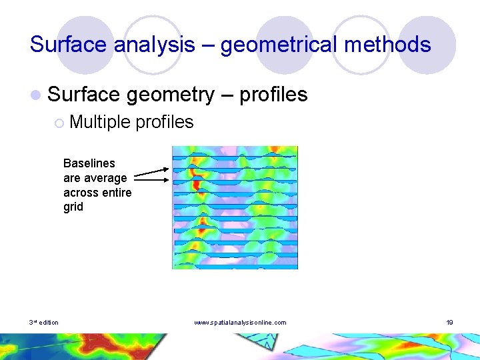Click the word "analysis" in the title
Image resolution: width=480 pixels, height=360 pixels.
click(x=155, y=45)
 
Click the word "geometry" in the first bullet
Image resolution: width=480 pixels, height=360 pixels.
click(x=169, y=95)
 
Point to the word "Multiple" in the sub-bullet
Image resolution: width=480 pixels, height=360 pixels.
click(x=99, y=122)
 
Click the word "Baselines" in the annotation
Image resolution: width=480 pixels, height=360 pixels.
click(x=89, y=163)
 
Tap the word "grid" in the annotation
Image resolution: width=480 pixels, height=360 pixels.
click(x=73, y=207)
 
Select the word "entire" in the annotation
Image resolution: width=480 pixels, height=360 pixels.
click(x=116, y=193)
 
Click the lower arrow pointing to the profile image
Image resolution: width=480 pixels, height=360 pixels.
click(x=151, y=179)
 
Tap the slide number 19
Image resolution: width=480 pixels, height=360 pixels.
click(x=450, y=323)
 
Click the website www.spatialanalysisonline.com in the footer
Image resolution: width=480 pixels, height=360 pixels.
click(x=240, y=323)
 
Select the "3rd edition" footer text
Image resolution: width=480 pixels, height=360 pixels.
click(x=44, y=323)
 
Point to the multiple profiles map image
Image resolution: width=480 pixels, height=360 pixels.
click(x=235, y=207)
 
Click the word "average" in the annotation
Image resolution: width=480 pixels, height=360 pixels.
click(x=105, y=178)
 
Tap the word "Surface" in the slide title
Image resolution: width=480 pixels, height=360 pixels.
click(x=69, y=45)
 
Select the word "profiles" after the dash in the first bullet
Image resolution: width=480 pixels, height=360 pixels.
click(x=273, y=95)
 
